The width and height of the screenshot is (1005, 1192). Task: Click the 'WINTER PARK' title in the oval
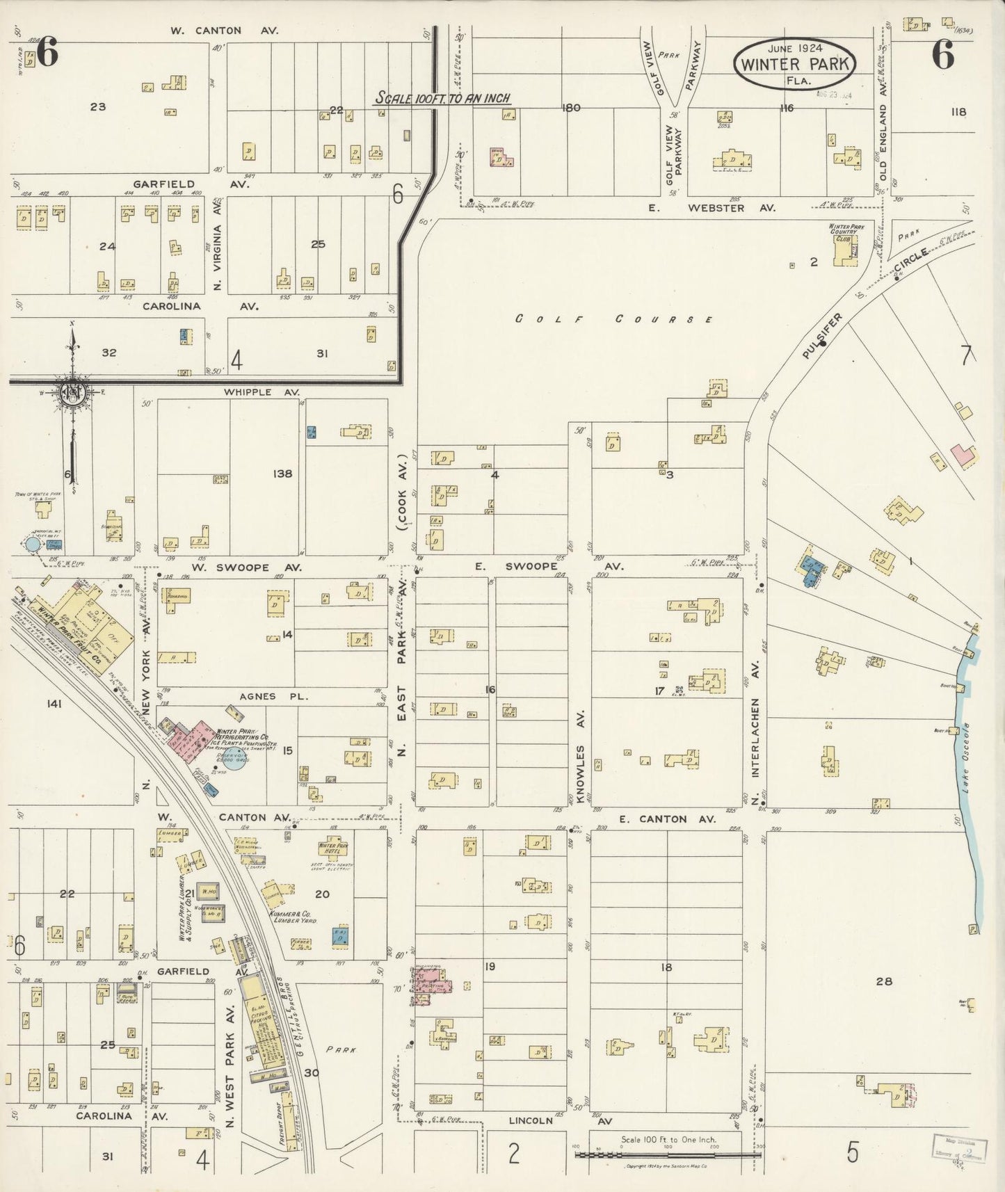pos(795,64)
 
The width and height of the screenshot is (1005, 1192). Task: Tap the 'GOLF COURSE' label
pos(614,319)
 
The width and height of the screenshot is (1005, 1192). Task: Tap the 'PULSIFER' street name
pos(822,336)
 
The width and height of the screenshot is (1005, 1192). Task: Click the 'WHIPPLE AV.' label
pos(251,392)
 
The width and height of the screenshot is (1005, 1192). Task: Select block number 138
pos(283,474)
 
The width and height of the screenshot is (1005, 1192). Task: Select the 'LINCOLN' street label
pos(531,1120)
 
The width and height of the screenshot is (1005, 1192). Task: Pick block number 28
pos(883,981)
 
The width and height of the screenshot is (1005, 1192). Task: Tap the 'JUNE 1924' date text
pos(795,48)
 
